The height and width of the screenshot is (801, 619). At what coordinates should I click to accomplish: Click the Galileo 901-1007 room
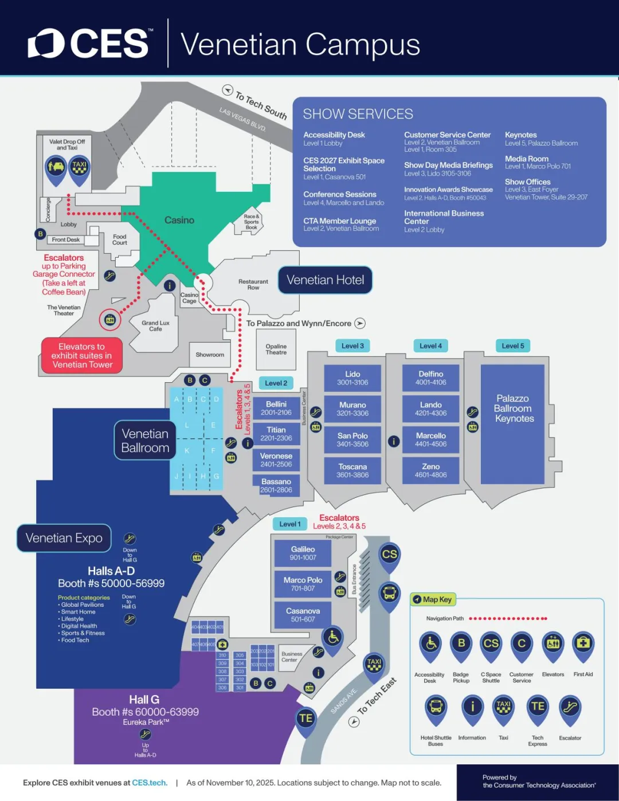tap(303, 553)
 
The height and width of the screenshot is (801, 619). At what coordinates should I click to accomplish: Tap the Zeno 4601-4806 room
tap(430, 470)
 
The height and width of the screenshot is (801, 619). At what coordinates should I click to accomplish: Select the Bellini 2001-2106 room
tap(276, 408)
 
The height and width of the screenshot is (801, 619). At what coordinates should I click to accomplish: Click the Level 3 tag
tap(352, 345)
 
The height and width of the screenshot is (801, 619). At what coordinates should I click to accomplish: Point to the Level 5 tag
tap(512, 345)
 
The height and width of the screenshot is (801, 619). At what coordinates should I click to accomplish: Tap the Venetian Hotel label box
tap(325, 280)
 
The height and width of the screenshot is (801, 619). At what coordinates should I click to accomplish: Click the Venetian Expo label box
tap(64, 538)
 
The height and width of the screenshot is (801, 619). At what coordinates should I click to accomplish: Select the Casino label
tap(179, 220)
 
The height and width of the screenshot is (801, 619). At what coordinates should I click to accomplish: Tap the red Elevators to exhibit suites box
tap(82, 355)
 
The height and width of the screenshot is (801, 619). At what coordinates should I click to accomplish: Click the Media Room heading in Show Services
tap(526, 159)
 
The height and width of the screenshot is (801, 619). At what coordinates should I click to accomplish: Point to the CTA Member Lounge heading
tap(340, 221)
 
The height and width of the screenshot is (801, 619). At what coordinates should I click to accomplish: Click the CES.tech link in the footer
tap(150, 783)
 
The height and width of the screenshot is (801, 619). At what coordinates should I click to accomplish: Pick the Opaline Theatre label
tap(276, 350)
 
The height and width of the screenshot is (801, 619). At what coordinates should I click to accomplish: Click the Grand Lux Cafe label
tap(155, 326)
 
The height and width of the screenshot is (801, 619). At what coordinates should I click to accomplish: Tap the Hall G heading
tap(144, 700)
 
